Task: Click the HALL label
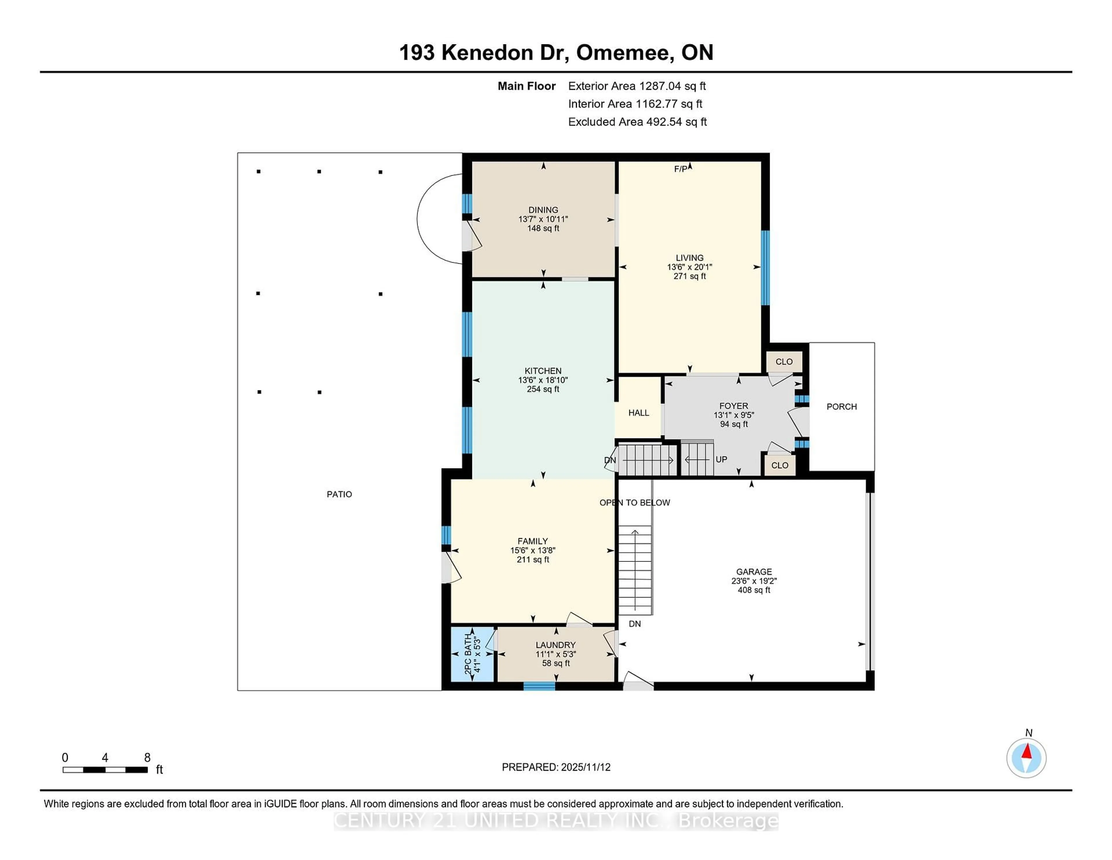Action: pyautogui.click(x=639, y=413)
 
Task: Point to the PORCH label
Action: pyautogui.click(x=841, y=407)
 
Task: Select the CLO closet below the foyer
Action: pyautogui.click(x=780, y=465)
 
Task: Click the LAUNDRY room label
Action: pyautogui.click(x=555, y=645)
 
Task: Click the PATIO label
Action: pyautogui.click(x=339, y=494)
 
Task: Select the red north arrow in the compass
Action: pyautogui.click(x=1027, y=751)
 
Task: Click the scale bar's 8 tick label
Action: pyautogui.click(x=147, y=758)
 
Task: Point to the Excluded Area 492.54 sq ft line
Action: pyautogui.click(x=637, y=122)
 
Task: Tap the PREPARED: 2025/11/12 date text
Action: pyautogui.click(x=556, y=767)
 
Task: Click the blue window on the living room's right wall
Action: pyautogui.click(x=765, y=267)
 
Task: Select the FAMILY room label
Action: pyautogui.click(x=533, y=541)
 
